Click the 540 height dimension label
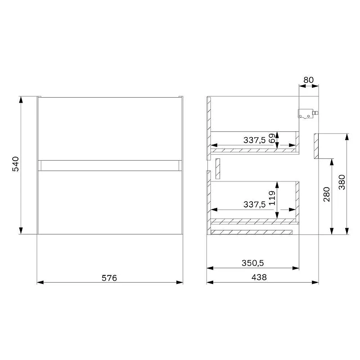tap(16, 164)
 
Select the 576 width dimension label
tap(109, 278)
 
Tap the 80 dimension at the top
tap(308, 80)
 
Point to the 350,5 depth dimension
tap(253, 263)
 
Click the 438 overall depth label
tap(259, 277)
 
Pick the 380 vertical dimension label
tap(342, 182)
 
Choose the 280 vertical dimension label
tap(327, 194)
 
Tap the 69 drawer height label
tap(272, 138)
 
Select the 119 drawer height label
tap(272, 198)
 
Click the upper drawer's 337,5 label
tap(254, 140)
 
